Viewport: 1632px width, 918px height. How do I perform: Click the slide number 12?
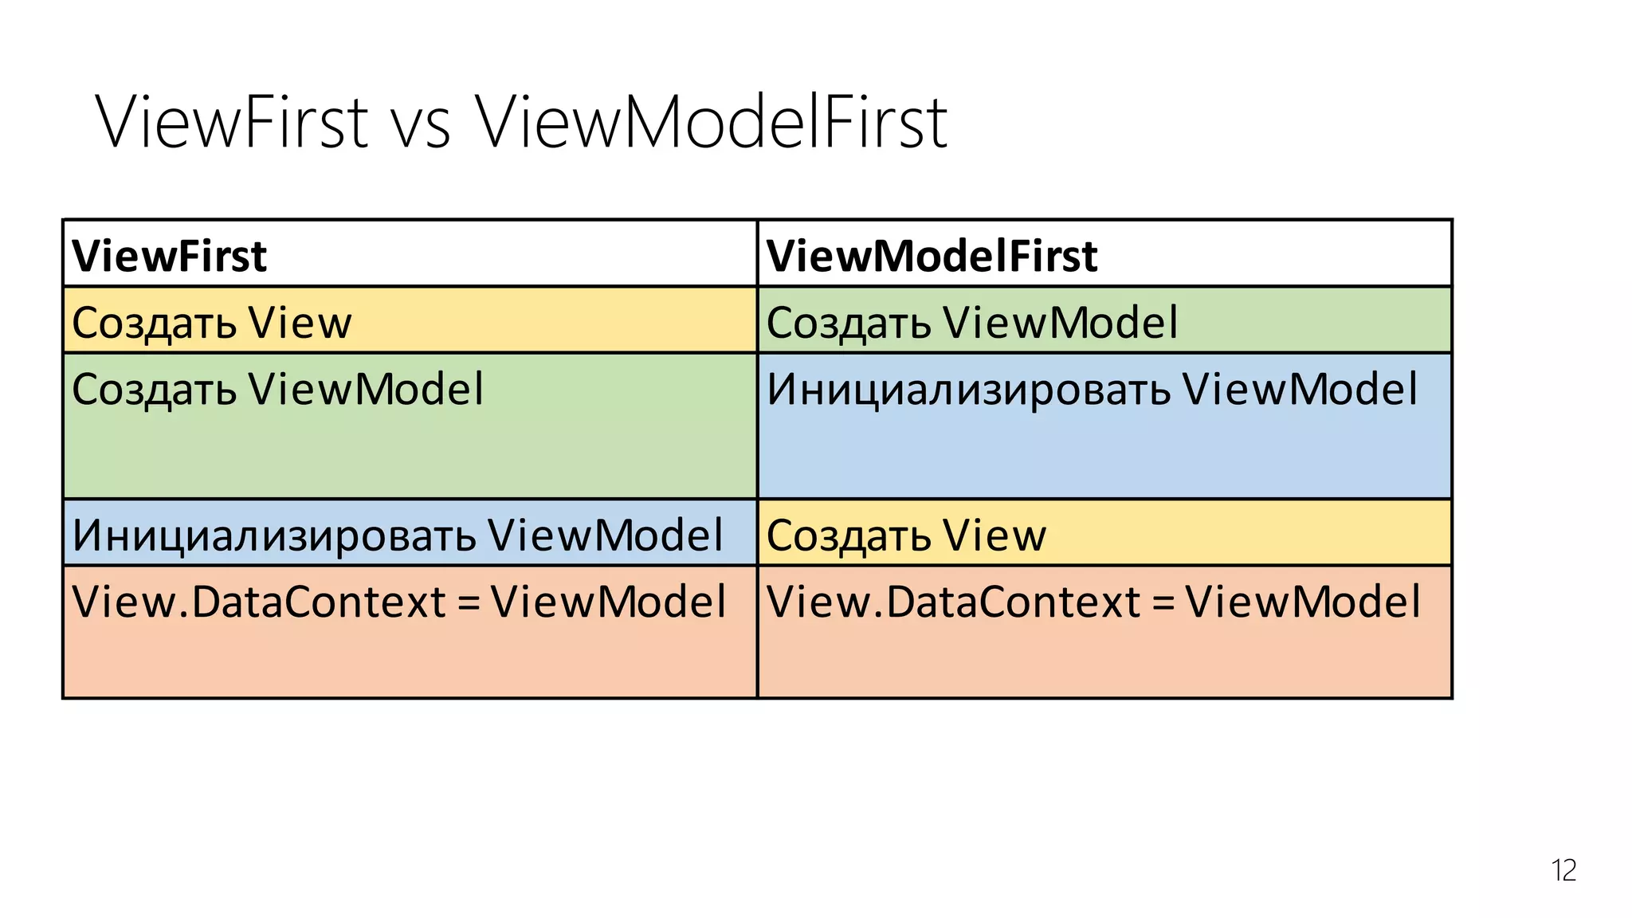tap(1563, 870)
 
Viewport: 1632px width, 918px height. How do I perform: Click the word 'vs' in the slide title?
tap(420, 124)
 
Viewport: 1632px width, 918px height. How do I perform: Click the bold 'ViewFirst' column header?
tap(170, 256)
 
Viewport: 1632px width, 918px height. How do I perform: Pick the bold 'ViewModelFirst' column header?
tap(932, 256)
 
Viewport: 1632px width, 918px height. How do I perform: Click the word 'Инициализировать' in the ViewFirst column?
tap(274, 535)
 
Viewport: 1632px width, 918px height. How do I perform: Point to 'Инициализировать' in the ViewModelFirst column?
tap(968, 390)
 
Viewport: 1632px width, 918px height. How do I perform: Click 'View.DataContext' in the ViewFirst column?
tap(258, 602)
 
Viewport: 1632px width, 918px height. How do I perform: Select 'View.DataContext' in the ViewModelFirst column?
tap(953, 602)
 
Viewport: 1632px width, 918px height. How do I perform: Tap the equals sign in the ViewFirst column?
tap(469, 603)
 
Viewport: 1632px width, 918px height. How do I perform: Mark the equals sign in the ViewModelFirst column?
tap(1163, 603)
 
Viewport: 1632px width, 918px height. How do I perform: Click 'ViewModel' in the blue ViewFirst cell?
tap(606, 535)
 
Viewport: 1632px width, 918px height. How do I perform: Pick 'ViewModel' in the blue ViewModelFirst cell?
tap(1300, 390)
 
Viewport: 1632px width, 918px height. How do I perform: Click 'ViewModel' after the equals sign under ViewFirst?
tap(608, 602)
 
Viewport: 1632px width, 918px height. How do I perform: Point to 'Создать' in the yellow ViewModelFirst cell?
tap(849, 536)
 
